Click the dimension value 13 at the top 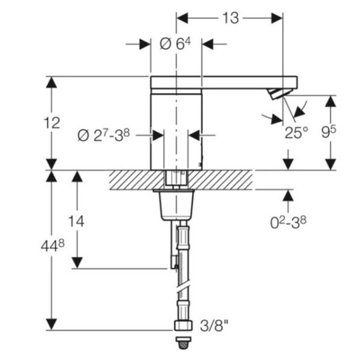pyautogui.click(x=231, y=18)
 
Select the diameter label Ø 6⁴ pyautogui.click(x=175, y=43)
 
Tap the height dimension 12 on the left pyautogui.click(x=51, y=123)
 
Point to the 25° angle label pyautogui.click(x=297, y=133)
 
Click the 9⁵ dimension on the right pyautogui.click(x=329, y=132)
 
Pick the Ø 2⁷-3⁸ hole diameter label pyautogui.click(x=103, y=135)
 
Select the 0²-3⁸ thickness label pyautogui.click(x=288, y=223)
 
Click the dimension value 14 pyautogui.click(x=76, y=221)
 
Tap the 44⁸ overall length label pyautogui.click(x=53, y=245)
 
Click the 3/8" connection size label pyautogui.click(x=215, y=325)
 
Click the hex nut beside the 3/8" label pyautogui.click(x=183, y=325)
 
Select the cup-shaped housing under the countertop pyautogui.click(x=177, y=205)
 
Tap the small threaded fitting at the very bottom pyautogui.click(x=183, y=343)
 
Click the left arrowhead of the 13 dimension pyautogui.click(x=182, y=18)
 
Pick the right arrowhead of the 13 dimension pyautogui.click(x=277, y=18)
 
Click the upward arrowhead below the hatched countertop pyautogui.click(x=288, y=196)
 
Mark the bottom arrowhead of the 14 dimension pyautogui.click(x=77, y=263)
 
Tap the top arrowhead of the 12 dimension pyautogui.click(x=51, y=82)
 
